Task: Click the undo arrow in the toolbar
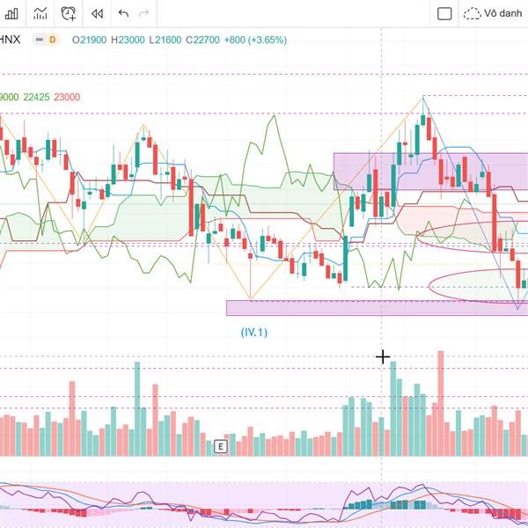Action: pos(123,13)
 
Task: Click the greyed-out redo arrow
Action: pos(144,13)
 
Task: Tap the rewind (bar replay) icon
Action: pos(97,13)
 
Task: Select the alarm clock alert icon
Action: pos(69,13)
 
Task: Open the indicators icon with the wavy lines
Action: pos(40,13)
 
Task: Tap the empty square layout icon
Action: pos(444,13)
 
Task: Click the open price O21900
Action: pos(89,40)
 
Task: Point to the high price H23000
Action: pos(127,40)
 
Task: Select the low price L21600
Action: pos(165,40)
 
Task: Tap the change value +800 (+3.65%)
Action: pos(255,40)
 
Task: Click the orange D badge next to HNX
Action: pos(52,40)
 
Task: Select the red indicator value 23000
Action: pos(67,97)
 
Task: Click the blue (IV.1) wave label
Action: pos(254,332)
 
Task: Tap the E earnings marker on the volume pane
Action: pos(221,447)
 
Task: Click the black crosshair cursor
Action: pos(383,356)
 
